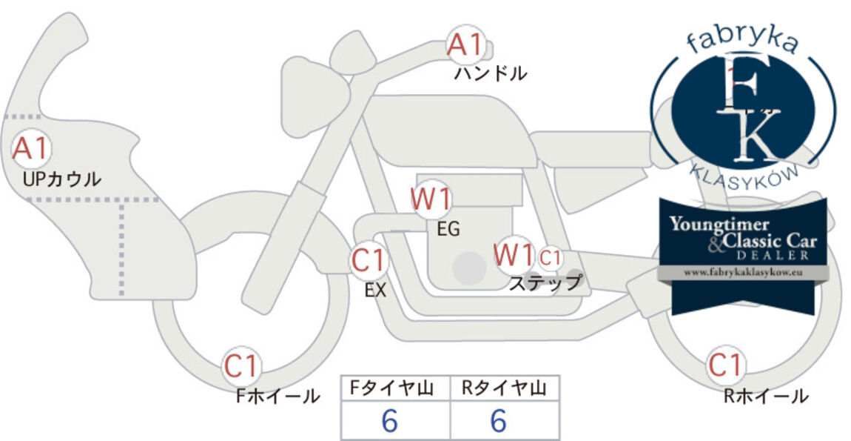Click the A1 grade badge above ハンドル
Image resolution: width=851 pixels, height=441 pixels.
(465, 44)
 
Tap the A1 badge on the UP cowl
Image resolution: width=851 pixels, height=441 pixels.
(31, 148)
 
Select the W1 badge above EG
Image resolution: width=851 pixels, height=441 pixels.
(431, 199)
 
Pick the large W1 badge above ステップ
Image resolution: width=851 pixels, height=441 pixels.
(514, 254)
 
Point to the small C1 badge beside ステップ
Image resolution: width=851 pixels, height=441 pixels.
(549, 258)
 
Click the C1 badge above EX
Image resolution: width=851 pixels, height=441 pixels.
(369, 260)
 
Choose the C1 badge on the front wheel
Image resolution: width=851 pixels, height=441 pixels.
(241, 366)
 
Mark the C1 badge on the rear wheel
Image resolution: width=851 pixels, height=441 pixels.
(725, 365)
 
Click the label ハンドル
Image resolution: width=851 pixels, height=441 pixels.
(491, 73)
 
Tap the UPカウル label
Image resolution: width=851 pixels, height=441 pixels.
(62, 179)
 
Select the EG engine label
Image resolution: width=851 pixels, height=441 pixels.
(448, 230)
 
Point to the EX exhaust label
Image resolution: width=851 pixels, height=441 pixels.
(375, 291)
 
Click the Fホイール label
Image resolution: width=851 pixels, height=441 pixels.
(277, 396)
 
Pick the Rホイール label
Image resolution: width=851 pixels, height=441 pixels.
(766, 396)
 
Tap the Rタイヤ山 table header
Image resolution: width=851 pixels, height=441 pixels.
(504, 388)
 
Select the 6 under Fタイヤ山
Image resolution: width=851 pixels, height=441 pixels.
(389, 420)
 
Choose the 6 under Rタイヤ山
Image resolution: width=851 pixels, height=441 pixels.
(498, 420)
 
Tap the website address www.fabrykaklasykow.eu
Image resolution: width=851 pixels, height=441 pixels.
(743, 273)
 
